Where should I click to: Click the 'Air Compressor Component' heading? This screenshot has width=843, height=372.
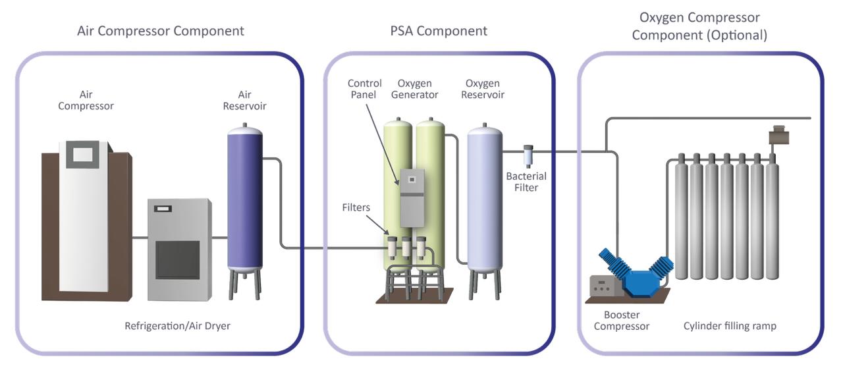[x=161, y=31]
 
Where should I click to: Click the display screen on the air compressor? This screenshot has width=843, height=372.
[x=83, y=155]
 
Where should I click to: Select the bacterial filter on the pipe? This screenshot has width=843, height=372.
[x=528, y=155]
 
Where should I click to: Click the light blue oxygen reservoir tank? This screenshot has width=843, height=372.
[x=484, y=198]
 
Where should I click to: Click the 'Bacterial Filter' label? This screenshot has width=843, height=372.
[x=526, y=182]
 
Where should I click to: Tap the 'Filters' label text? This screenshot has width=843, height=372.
[x=356, y=208]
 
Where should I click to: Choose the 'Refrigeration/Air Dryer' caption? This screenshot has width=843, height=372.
[x=177, y=326]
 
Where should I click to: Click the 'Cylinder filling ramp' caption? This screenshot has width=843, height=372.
[x=730, y=326]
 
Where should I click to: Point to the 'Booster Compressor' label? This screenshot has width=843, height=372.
[x=621, y=321]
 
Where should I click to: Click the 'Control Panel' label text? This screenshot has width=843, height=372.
[x=364, y=89]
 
